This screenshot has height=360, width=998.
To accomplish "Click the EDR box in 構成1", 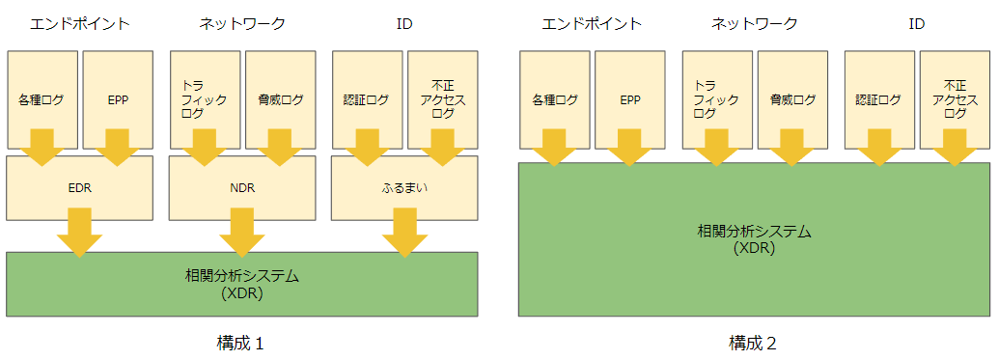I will click(x=80, y=188).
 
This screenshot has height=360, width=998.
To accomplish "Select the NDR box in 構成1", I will click(x=243, y=188).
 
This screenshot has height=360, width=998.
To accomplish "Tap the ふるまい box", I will click(x=405, y=188).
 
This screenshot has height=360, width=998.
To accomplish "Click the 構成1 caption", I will click(x=241, y=343).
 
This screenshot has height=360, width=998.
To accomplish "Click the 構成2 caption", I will click(x=754, y=343).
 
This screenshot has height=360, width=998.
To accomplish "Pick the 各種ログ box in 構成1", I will click(x=42, y=99).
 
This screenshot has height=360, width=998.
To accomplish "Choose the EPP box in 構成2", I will click(x=630, y=99).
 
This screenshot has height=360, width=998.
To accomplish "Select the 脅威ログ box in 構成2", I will click(x=792, y=99).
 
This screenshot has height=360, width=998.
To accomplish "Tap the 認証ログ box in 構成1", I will click(x=367, y=99).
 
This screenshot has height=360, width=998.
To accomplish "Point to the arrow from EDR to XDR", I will click(x=80, y=232).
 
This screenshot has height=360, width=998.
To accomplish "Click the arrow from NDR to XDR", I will click(x=243, y=232).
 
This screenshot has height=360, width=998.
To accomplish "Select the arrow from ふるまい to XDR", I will click(x=405, y=232).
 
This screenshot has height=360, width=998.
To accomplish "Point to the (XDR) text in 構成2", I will click(x=755, y=248).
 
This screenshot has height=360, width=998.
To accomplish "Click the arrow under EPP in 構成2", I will click(x=630, y=147).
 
